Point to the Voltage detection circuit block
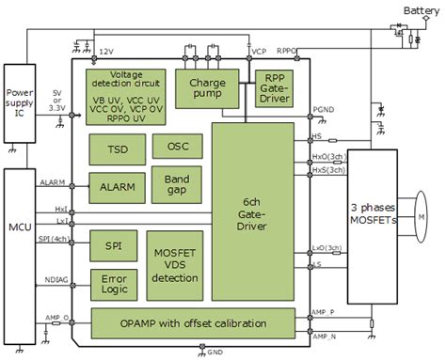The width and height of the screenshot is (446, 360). point(125,94)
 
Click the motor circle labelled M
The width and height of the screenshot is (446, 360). point(422,217)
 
